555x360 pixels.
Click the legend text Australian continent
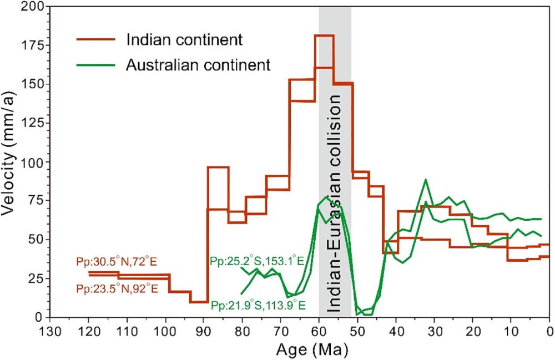(x=198, y=64)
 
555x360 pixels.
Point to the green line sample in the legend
(x=95, y=64)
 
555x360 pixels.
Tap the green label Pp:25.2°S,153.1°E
(x=256, y=261)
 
